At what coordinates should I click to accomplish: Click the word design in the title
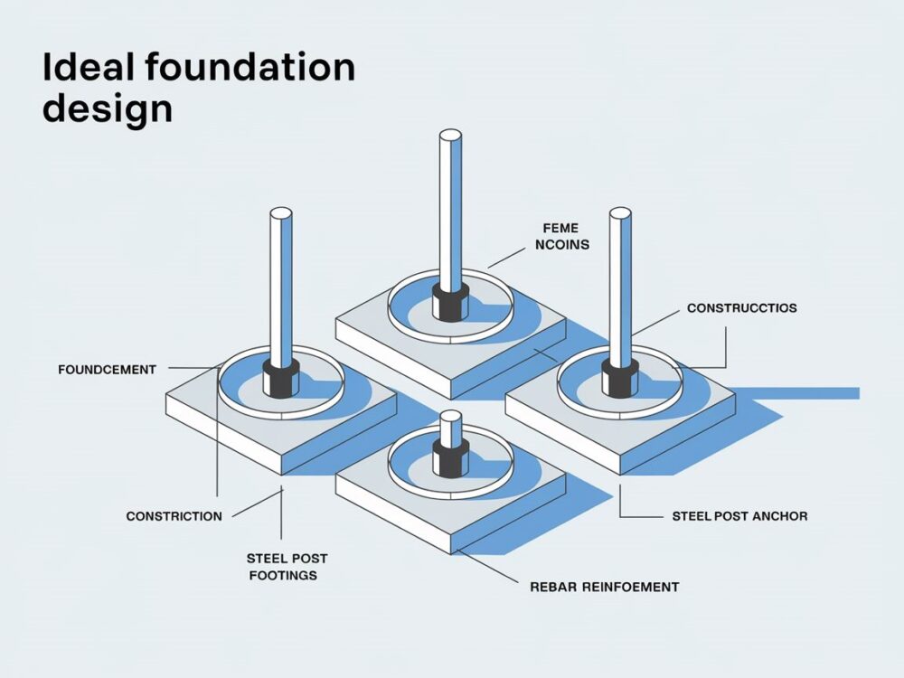(x=108, y=110)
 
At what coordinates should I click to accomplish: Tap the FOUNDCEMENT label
(x=107, y=369)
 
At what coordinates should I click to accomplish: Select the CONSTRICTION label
(x=174, y=516)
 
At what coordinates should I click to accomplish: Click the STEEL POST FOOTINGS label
(x=282, y=566)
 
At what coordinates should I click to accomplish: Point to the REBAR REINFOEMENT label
(x=604, y=587)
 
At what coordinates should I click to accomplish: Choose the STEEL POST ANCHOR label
(x=739, y=516)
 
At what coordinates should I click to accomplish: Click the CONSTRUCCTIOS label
(x=741, y=308)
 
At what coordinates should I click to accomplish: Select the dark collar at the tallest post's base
(x=449, y=302)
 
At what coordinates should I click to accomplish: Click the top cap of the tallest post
(x=449, y=137)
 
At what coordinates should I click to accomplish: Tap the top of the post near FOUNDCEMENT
(x=281, y=214)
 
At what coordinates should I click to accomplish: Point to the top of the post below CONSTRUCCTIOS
(x=619, y=213)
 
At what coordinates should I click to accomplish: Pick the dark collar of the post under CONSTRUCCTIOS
(x=619, y=377)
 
